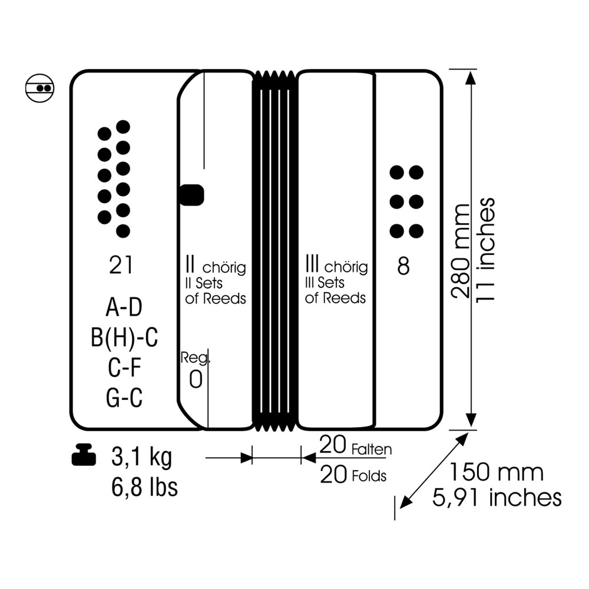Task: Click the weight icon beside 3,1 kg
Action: (84, 455)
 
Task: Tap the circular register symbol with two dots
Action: (40, 88)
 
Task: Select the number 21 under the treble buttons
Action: (121, 265)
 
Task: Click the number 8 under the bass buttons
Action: (403, 266)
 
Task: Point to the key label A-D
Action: (124, 307)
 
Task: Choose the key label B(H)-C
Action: (124, 337)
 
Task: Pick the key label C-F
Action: (124, 368)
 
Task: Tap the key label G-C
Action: (124, 398)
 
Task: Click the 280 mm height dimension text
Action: (461, 251)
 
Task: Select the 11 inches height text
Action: (485, 249)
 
